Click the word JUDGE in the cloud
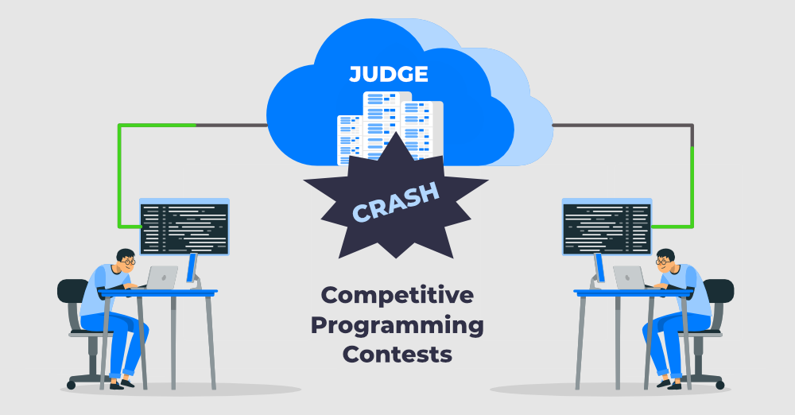point(389,74)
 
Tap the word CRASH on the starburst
point(395,203)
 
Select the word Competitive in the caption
point(397,295)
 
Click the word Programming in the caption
point(397,326)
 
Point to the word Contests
point(397,354)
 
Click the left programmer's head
point(126,260)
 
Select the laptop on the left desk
point(161,277)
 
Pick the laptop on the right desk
point(629,277)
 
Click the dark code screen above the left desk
point(184,228)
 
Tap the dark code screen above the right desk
point(607,228)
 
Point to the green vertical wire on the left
point(119,176)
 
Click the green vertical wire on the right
point(692,187)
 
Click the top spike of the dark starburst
point(396,133)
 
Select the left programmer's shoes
point(122,385)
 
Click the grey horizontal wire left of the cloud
point(231,125)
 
